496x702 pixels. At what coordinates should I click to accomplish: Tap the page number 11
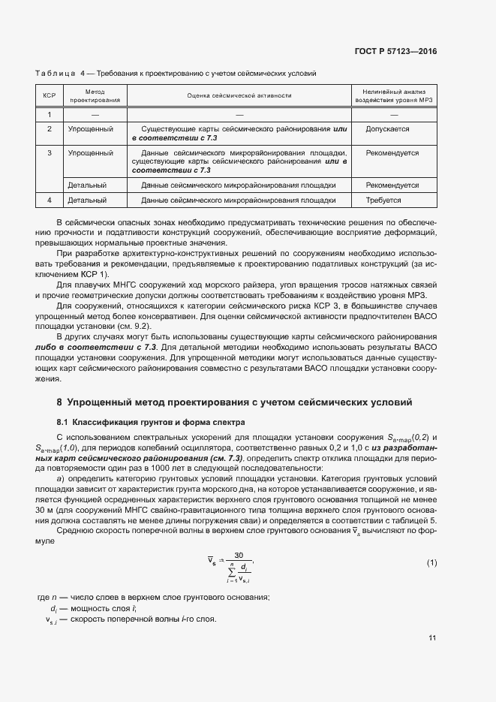click(432, 638)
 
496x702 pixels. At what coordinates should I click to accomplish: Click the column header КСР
click(50, 95)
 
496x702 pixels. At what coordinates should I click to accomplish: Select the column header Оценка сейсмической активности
click(239, 95)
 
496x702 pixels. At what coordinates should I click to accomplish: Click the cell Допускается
click(387, 129)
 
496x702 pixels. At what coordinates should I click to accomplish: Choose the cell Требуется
click(383, 200)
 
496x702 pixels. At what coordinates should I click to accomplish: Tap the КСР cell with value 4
click(50, 200)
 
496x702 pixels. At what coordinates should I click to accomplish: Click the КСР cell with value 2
click(50, 129)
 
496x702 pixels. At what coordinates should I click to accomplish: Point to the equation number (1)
click(431, 563)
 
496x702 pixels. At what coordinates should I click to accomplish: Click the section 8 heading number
click(60, 402)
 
